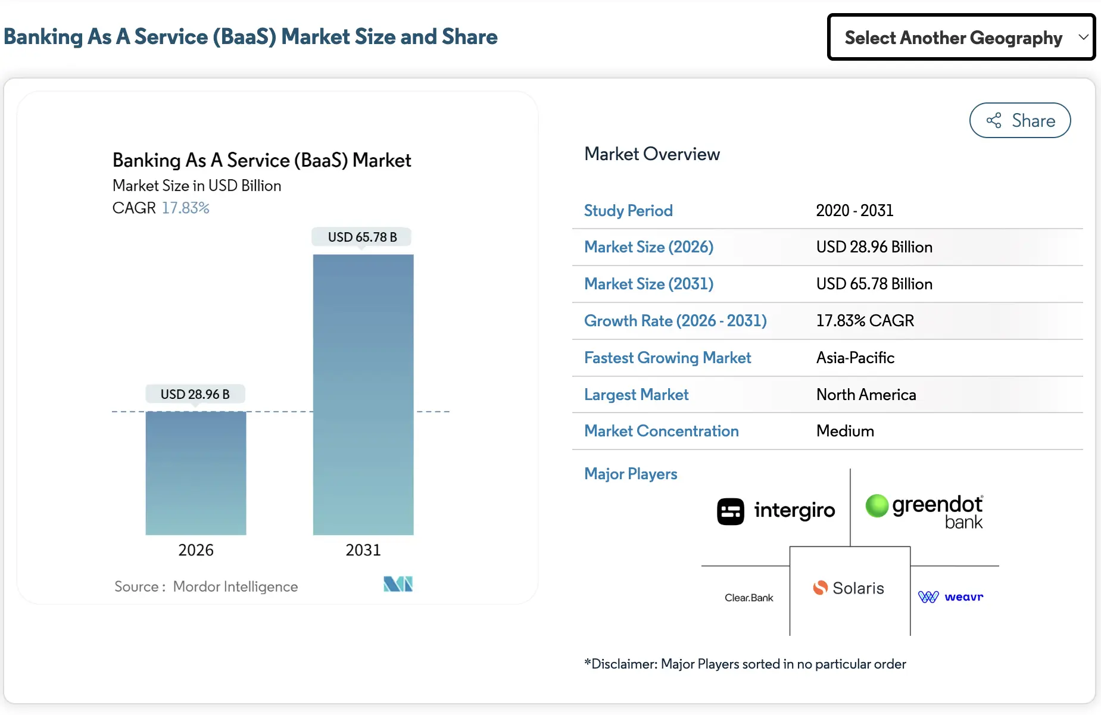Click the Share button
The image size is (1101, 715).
tap(1019, 121)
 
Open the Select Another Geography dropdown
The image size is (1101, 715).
tap(960, 38)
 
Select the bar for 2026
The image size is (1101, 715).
tap(196, 473)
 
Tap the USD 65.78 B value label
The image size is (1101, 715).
tap(362, 237)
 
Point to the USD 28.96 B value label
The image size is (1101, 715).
tap(195, 394)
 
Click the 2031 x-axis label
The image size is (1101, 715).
tap(363, 550)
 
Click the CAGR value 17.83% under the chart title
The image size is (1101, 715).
tap(185, 208)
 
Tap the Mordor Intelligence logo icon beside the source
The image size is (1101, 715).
tap(398, 584)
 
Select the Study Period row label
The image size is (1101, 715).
tap(628, 211)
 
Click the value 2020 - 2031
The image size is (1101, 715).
tap(854, 211)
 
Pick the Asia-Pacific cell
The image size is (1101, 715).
tap(855, 358)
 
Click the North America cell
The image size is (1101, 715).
tap(866, 395)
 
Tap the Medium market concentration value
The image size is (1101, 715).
tap(845, 431)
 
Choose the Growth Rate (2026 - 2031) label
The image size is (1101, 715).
tap(675, 321)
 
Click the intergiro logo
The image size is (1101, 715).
tap(776, 511)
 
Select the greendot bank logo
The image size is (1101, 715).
tap(924, 511)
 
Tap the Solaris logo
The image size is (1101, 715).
tap(849, 588)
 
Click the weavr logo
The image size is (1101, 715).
tap(951, 597)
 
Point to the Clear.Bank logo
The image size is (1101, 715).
tap(748, 598)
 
